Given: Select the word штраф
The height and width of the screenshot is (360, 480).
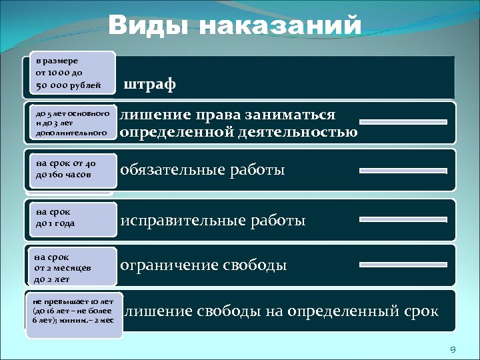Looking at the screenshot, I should click(149, 85).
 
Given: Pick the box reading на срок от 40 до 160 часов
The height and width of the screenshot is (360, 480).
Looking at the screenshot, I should click(69, 169).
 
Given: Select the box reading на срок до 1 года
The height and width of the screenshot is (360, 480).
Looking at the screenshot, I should click(69, 218).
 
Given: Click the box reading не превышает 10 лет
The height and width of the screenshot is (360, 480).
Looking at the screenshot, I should click(74, 311).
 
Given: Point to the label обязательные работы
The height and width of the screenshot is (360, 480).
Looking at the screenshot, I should click(203, 171).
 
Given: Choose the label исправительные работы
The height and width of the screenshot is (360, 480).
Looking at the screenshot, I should click(213, 219).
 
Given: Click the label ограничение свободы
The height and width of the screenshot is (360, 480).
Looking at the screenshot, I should click(203, 265).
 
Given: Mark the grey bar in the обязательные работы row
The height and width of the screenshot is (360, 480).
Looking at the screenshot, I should click(403, 171).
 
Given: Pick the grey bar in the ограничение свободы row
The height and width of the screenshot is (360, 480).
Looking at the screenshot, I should click(403, 266).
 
